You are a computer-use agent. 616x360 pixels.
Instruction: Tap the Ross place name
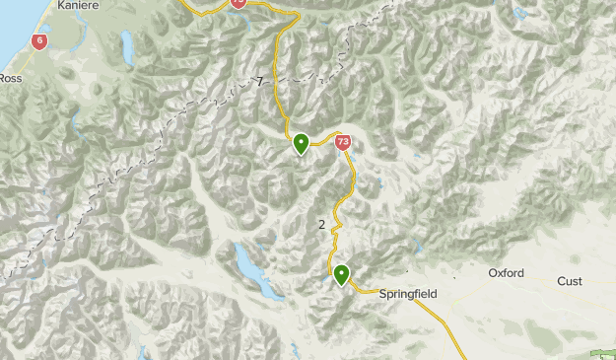pos(10,78)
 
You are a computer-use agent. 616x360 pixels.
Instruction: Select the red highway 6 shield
pos(38,41)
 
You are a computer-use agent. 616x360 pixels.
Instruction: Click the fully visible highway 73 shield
pos(342,142)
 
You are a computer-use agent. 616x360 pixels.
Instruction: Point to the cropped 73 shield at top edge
pos(239,4)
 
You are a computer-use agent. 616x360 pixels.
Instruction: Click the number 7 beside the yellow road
pos(260,82)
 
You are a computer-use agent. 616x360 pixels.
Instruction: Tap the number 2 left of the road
pos(322,225)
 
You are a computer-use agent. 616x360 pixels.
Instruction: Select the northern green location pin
pos(301,144)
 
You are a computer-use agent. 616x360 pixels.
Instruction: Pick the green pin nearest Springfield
pos(341,274)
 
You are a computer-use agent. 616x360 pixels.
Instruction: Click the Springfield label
pos(407,294)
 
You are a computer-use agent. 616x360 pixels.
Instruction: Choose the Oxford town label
pos(506,272)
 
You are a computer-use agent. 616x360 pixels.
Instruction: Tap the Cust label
pos(569,281)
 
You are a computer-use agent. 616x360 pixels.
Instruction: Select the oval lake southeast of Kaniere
pos(126,45)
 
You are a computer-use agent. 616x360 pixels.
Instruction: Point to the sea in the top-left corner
pos(8,25)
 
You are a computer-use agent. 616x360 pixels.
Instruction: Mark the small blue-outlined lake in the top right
pos(518,13)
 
